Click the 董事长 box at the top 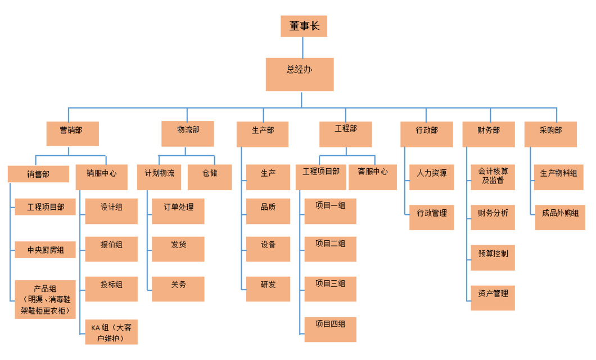pyautogui.click(x=304, y=26)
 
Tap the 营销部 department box pyautogui.click(x=72, y=134)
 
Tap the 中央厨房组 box pyautogui.click(x=46, y=250)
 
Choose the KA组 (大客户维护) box pyautogui.click(x=111, y=332)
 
